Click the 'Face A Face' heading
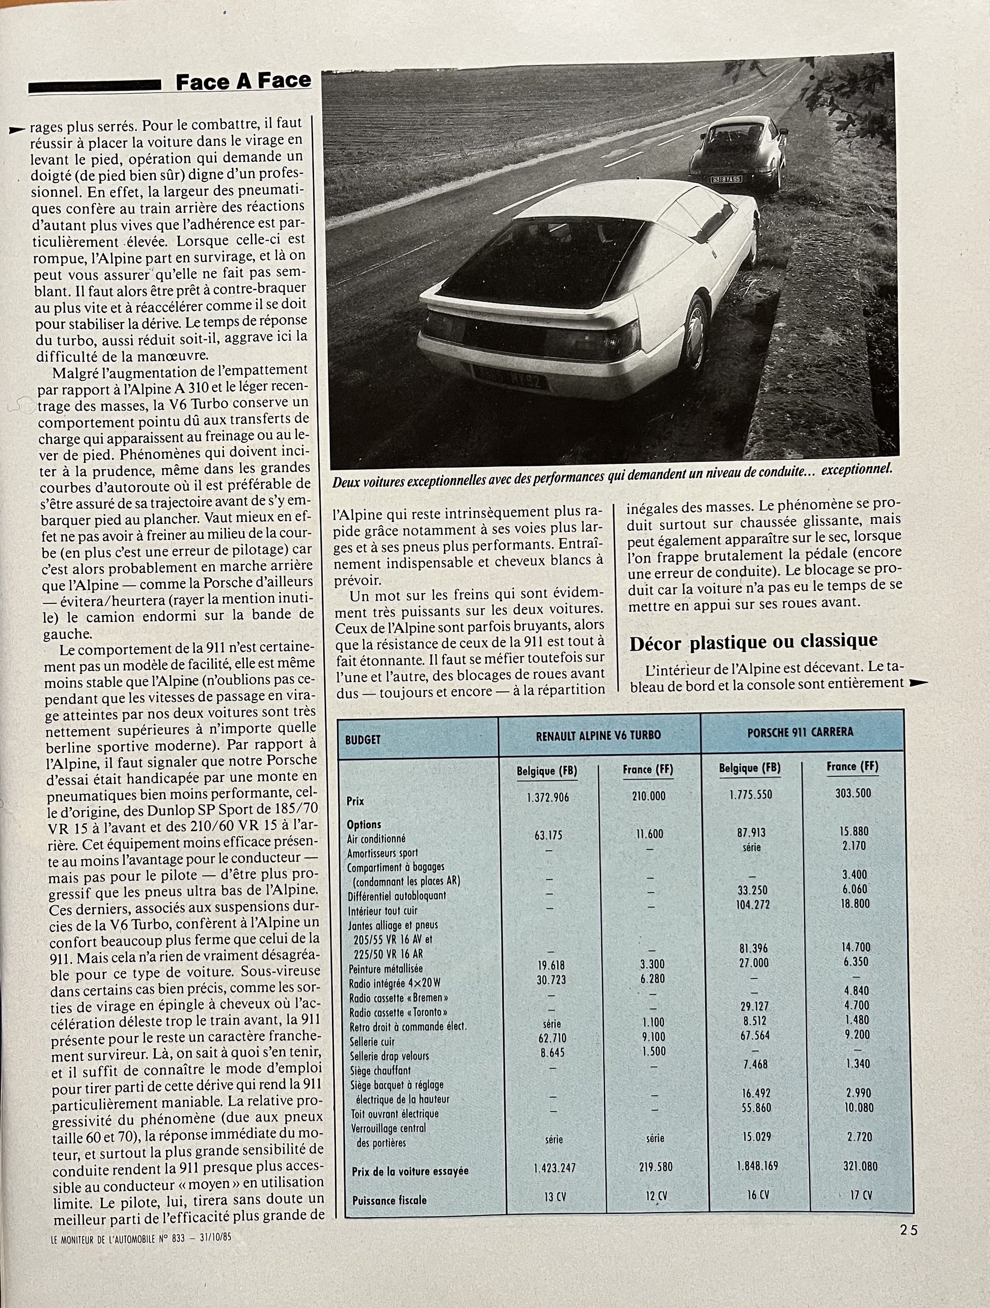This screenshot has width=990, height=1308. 243,82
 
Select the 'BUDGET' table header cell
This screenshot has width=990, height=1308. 363,740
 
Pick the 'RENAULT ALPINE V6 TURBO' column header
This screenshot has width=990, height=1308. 598,736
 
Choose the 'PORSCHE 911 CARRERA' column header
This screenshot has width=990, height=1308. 801,732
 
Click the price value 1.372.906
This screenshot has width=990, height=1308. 548,797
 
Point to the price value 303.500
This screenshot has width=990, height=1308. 853,793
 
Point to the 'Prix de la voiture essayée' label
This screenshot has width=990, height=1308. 409,1171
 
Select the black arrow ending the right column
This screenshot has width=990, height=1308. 918,683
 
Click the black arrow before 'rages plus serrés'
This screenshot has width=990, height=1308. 18,128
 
